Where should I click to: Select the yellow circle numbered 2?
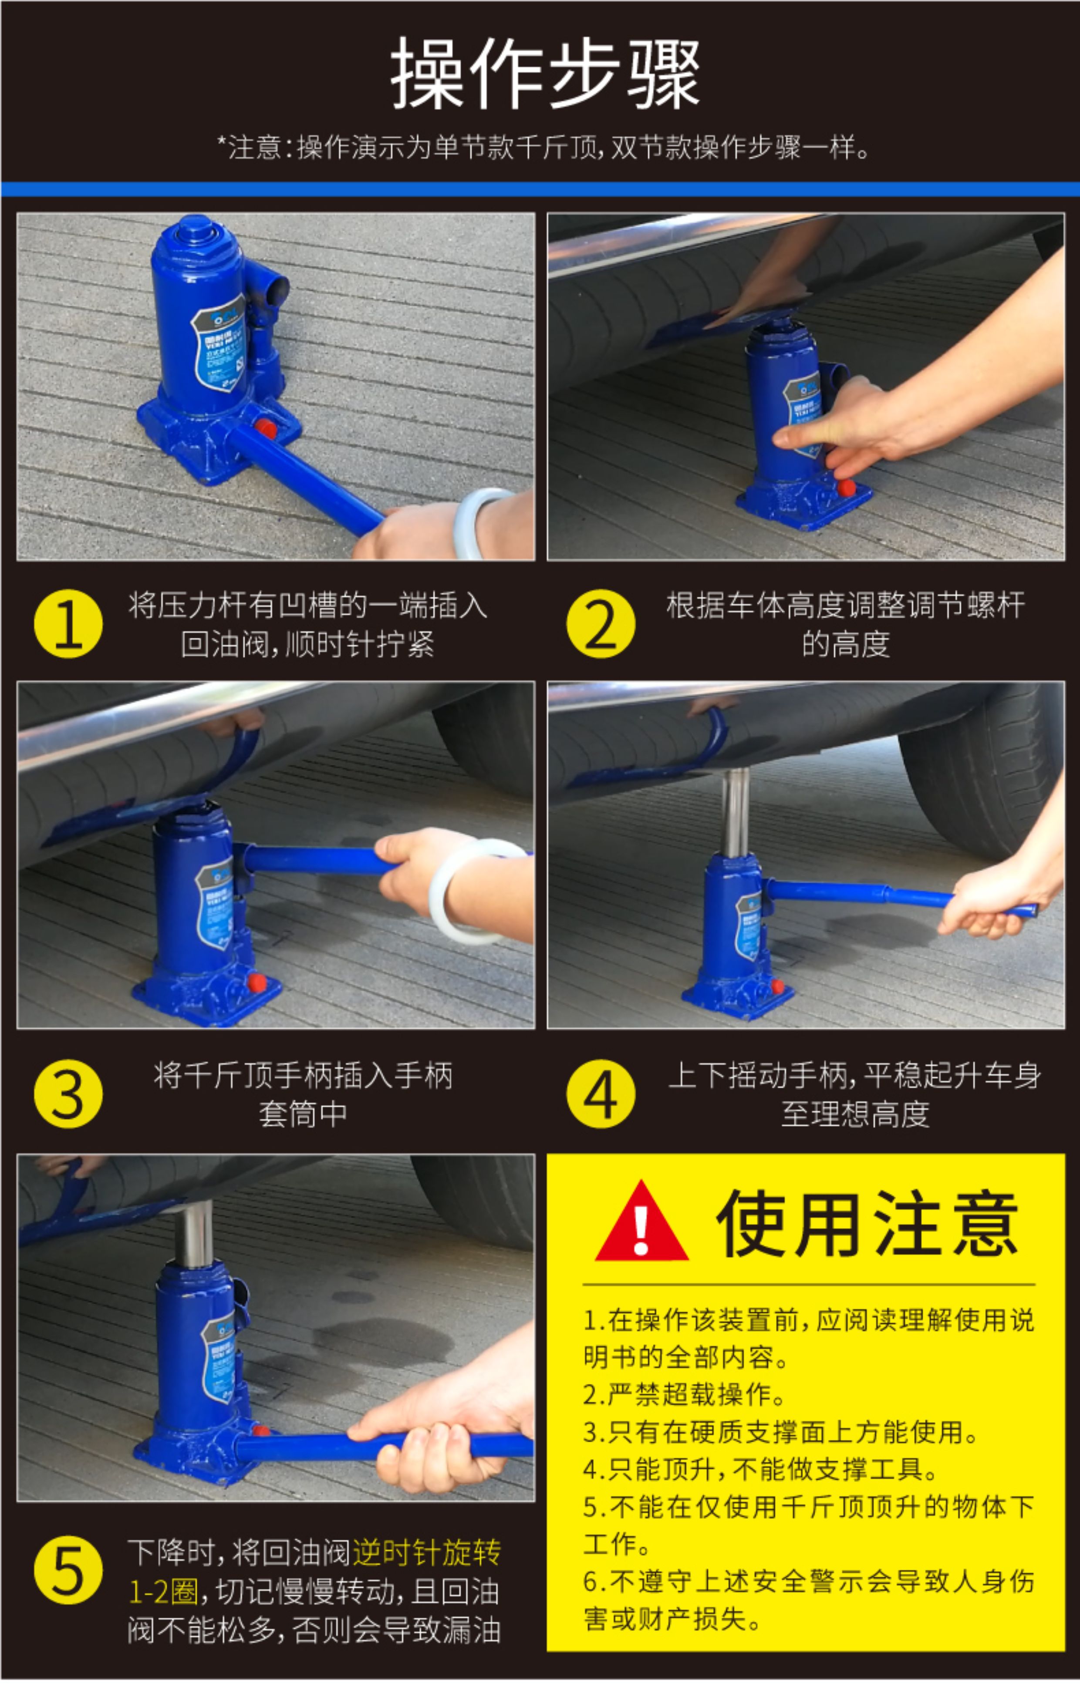tap(600, 623)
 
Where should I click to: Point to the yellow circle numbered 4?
tap(600, 1094)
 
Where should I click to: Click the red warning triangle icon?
tap(641, 1222)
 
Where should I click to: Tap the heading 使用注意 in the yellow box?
tap(867, 1224)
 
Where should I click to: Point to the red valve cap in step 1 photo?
tap(266, 428)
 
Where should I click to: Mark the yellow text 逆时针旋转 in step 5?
tap(427, 1552)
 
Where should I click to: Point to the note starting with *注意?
tap(543, 148)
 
